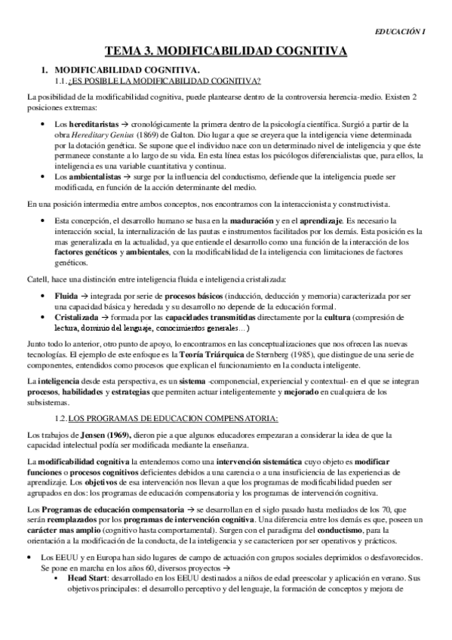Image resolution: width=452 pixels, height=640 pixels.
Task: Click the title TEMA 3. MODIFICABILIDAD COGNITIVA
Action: (226, 51)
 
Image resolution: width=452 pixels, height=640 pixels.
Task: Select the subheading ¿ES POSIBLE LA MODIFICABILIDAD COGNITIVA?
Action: (164, 80)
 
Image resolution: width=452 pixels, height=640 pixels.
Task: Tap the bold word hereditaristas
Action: (90, 123)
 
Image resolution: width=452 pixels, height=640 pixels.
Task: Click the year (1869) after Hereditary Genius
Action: (155, 134)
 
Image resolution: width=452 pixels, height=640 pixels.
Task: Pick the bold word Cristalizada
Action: (78, 318)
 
